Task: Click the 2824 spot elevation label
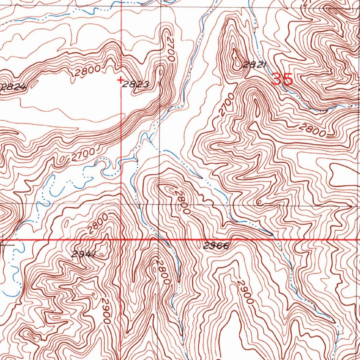pyautogui.click(x=13, y=88)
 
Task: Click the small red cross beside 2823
pyautogui.click(x=121, y=81)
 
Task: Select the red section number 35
pyautogui.click(x=282, y=79)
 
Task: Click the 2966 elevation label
pyautogui.click(x=216, y=246)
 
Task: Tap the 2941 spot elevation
pyautogui.click(x=84, y=254)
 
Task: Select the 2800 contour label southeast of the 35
pyautogui.click(x=312, y=131)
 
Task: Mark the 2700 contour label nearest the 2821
pyautogui.click(x=226, y=105)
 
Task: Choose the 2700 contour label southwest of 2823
pyautogui.click(x=83, y=155)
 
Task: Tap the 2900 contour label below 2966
pyautogui.click(x=245, y=291)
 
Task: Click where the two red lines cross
pyautogui.click(x=121, y=240)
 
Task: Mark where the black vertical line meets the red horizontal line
pyautogui.click(x=159, y=240)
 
